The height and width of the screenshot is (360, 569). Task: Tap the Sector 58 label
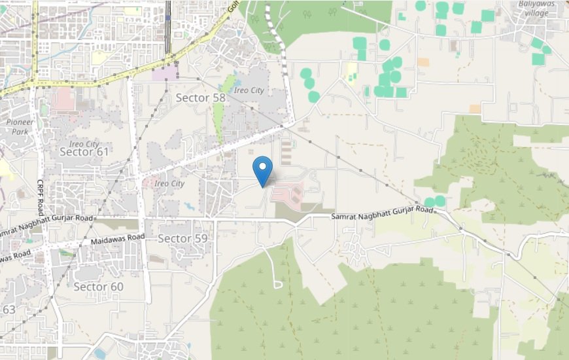pyautogui.click(x=201, y=98)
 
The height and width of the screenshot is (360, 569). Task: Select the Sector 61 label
pyautogui.click(x=84, y=152)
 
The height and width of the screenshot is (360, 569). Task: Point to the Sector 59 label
pyautogui.click(x=182, y=239)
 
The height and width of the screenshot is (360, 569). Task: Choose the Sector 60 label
pyautogui.click(x=98, y=287)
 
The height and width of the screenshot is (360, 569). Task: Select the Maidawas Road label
pyautogui.click(x=118, y=240)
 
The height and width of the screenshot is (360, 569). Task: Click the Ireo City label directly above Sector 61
pyautogui.click(x=84, y=143)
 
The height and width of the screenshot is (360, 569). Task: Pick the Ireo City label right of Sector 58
pyautogui.click(x=249, y=90)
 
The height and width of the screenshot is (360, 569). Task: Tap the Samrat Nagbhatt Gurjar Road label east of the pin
pyautogui.click(x=382, y=213)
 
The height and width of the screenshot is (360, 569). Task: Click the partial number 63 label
pyautogui.click(x=9, y=309)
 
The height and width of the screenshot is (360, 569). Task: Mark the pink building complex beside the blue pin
pyautogui.click(x=288, y=194)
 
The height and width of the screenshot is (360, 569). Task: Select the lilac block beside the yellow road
pyautogui.click(x=164, y=72)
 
